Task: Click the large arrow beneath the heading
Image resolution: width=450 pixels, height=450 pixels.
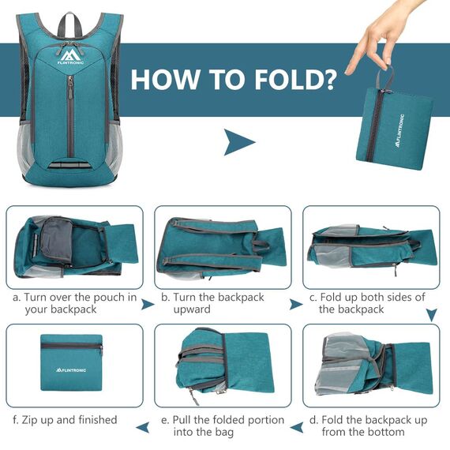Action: [x=239, y=143]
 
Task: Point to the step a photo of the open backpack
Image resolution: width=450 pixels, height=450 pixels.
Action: [x=76, y=247]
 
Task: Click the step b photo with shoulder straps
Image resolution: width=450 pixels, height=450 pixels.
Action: [x=223, y=247]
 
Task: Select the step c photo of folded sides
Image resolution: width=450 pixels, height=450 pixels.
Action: [x=371, y=247]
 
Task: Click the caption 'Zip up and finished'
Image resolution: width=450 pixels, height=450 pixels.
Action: [x=65, y=420]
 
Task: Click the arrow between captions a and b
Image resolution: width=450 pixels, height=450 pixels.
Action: [x=148, y=304]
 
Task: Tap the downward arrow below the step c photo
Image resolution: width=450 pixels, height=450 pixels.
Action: [x=432, y=314]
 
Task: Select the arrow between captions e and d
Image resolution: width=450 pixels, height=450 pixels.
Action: [x=296, y=427]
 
